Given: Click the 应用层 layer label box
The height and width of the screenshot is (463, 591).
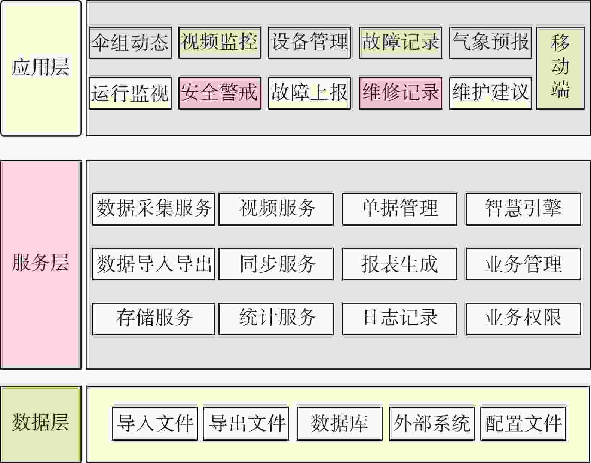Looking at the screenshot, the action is tap(41, 68).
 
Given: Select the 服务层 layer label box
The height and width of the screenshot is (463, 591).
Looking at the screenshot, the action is tap(41, 264).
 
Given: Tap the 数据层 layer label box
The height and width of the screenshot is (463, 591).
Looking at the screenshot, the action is tap(41, 424).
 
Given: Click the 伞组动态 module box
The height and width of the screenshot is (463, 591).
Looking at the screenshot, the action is tap(130, 43).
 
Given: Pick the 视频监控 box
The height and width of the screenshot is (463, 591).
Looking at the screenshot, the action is tap(220, 43).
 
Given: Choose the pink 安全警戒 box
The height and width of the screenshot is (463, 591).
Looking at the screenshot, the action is tap(220, 93).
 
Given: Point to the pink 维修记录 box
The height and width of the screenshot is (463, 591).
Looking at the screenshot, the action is tap(400, 93).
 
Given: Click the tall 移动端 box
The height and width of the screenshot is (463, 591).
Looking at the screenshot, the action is tap(560, 68).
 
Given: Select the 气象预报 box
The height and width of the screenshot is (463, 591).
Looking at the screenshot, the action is tap(491, 43).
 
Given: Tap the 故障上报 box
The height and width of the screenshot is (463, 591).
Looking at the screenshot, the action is tap(309, 93).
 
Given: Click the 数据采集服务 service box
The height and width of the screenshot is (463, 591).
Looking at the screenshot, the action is tap(154, 209).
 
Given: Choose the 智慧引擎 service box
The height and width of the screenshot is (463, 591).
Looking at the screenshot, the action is tap(523, 209).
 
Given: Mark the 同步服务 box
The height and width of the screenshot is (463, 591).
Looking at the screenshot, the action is tap(276, 264).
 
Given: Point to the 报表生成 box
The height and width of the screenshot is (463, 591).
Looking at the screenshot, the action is tap(400, 264).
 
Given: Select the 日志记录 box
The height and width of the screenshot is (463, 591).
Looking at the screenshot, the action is tap(400, 319).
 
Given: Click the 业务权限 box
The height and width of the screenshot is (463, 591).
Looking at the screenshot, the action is tap(523, 319).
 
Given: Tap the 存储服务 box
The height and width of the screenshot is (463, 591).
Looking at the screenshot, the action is tap(154, 319).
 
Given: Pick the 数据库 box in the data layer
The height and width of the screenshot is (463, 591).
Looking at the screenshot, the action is tap(340, 423).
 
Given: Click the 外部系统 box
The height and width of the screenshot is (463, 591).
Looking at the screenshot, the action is tap(432, 423).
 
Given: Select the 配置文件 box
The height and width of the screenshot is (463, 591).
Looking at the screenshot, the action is tap(523, 423).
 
